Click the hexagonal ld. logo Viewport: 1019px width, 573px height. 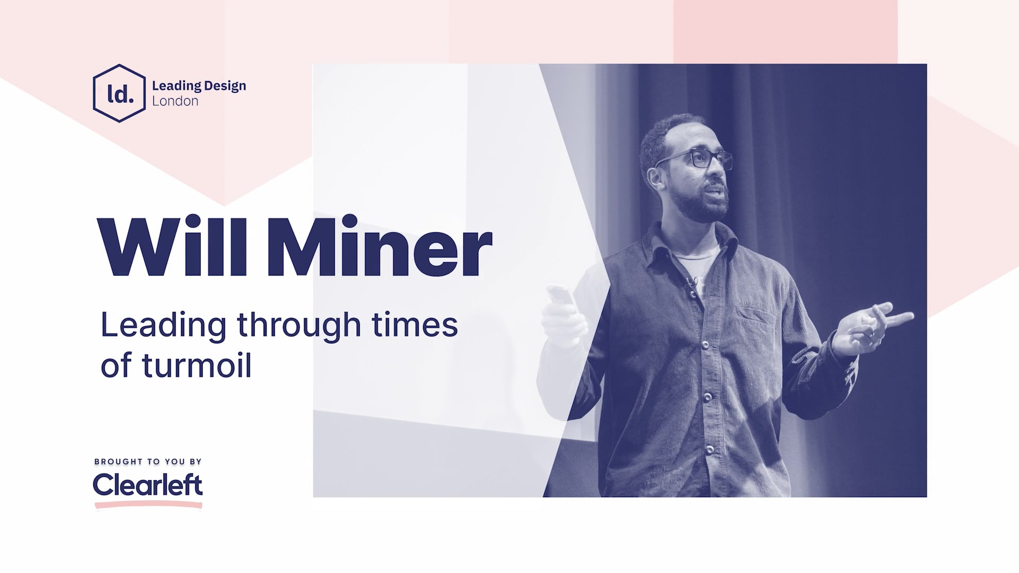click(119, 93)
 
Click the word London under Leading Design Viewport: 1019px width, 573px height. click(175, 101)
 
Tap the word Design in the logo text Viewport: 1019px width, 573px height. click(225, 86)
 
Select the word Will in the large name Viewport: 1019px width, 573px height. click(173, 247)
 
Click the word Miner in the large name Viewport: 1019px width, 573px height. click(379, 247)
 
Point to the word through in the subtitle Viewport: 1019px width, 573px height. click(299, 325)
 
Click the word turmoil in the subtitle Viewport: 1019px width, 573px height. click(196, 366)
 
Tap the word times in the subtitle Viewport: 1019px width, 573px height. click(414, 325)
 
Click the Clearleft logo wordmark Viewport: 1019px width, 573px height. click(148, 484)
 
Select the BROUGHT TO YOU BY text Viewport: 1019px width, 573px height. click(148, 462)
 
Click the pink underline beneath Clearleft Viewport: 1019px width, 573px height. click(149, 506)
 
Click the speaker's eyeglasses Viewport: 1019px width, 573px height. click(695, 160)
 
